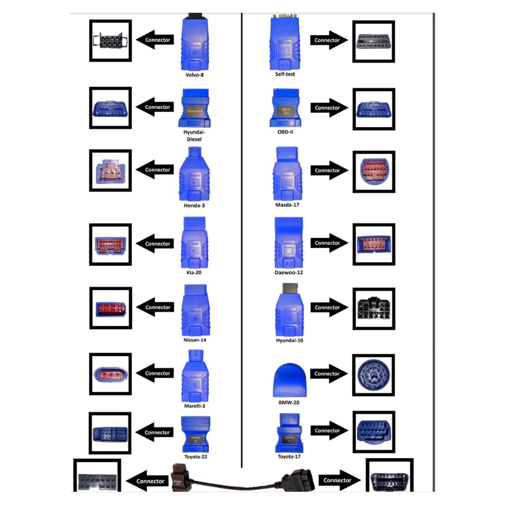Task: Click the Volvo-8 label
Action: click(194, 75)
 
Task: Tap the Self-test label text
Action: click(285, 74)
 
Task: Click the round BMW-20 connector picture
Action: click(373, 375)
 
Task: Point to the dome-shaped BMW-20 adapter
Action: click(289, 380)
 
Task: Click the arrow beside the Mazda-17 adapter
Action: click(329, 170)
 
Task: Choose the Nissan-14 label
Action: click(195, 340)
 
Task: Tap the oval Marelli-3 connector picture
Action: click(110, 374)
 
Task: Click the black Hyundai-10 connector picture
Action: click(374, 309)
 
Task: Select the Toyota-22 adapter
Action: click(196, 434)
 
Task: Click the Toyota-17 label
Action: click(289, 457)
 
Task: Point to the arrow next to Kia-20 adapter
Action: click(155, 243)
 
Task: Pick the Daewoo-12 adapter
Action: click(289, 242)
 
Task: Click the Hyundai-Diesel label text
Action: click(194, 136)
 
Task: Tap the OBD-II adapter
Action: click(285, 108)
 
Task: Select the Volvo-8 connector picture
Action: click(110, 41)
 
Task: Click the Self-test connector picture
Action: click(373, 42)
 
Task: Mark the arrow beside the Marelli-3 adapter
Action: click(155, 373)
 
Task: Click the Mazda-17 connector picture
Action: click(374, 172)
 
